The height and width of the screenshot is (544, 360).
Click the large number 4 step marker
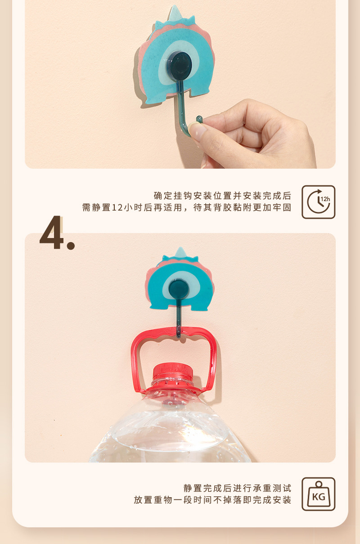click(52, 233)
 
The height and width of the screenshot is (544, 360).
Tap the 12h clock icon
click(318, 202)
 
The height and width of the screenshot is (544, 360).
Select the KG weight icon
click(318, 494)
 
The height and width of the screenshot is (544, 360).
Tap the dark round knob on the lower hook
click(179, 290)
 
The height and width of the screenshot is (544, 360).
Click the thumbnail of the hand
click(198, 130)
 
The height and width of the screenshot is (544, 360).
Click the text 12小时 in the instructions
click(126, 208)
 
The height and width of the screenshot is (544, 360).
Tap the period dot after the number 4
click(71, 246)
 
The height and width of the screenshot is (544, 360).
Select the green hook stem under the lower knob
click(179, 317)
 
